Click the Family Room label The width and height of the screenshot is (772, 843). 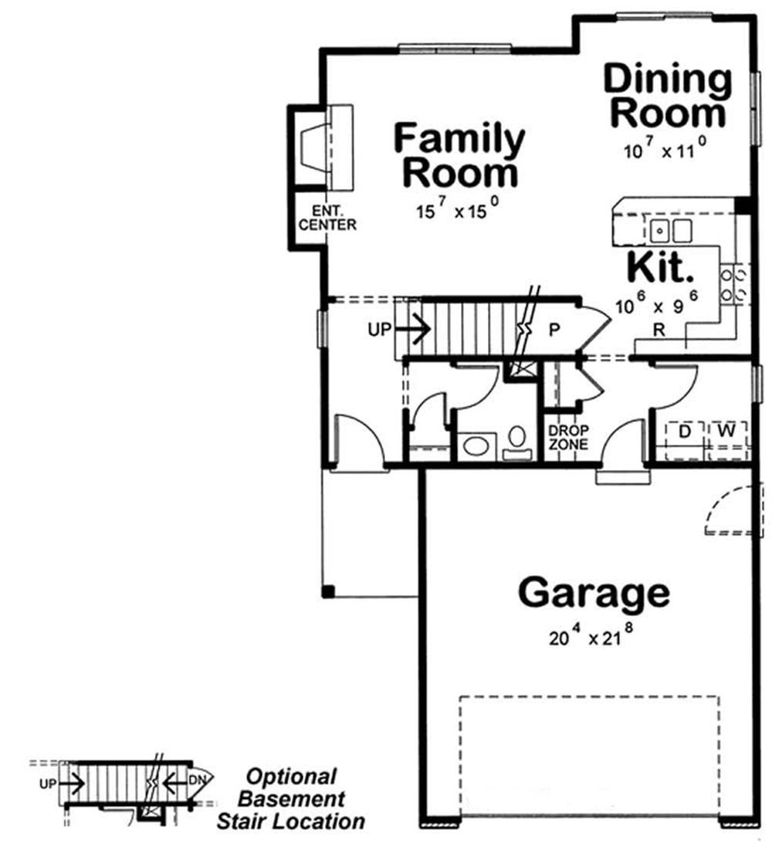tap(459, 156)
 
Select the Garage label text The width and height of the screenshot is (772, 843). tap(593, 594)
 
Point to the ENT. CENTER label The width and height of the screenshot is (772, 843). tap(327, 218)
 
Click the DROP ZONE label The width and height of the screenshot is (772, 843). tap(568, 438)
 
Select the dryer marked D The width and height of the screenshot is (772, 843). tap(683, 431)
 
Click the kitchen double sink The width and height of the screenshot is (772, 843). tap(671, 230)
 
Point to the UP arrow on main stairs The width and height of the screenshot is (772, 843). tap(400, 330)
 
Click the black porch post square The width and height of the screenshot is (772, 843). tap(328, 592)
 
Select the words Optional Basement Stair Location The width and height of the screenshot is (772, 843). tap(290, 798)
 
